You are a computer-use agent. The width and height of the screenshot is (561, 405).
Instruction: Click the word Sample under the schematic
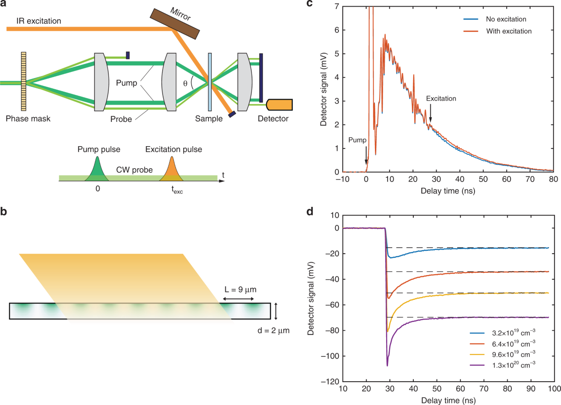coord(209,119)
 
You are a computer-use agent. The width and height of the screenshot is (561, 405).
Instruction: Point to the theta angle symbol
coord(186,83)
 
